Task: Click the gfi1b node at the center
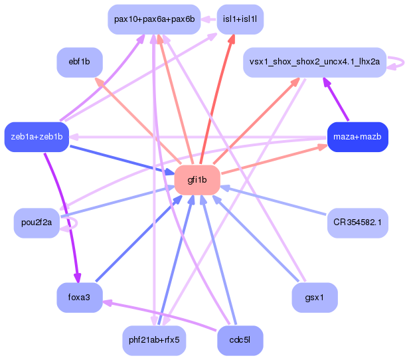coord(197,179)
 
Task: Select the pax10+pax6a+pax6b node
coord(154,19)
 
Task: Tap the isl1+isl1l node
coord(240,19)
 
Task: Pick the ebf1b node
coord(79,62)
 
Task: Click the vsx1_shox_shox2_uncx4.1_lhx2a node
coord(315,62)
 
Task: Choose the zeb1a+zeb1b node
coord(37,137)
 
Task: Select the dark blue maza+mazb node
coord(357,137)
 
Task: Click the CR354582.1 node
coord(357,223)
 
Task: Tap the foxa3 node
coord(79,297)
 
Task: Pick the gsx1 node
coord(315,297)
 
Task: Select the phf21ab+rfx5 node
coord(154,340)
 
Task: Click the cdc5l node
coord(240,340)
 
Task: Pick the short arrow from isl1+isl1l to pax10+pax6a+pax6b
coord(208,19)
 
